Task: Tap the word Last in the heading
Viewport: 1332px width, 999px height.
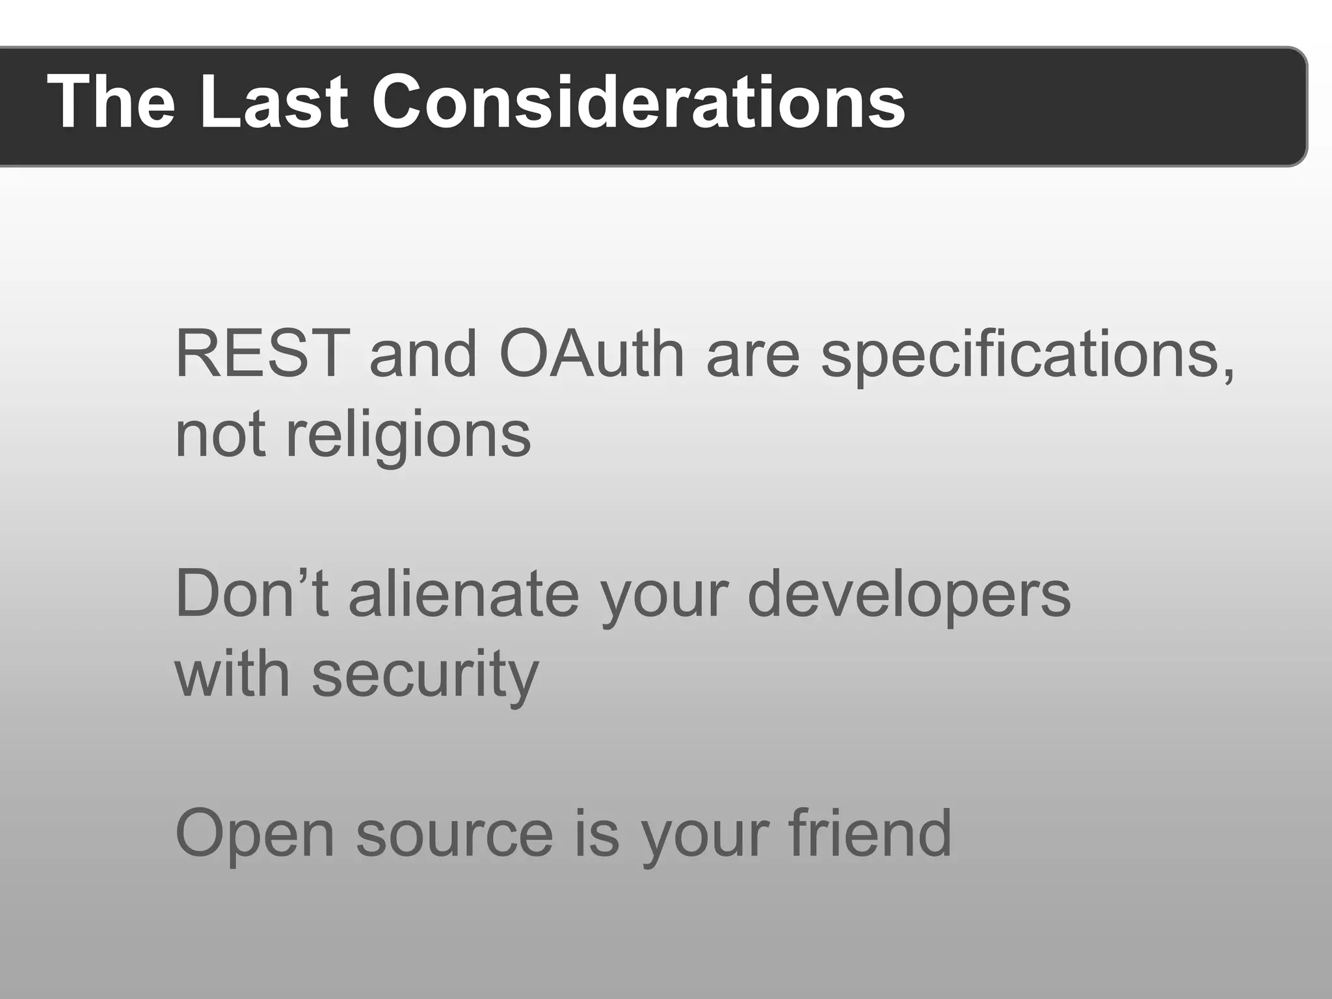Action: pyautogui.click(x=274, y=103)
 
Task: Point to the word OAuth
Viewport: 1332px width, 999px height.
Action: pyautogui.click(x=591, y=354)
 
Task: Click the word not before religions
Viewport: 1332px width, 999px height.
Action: pyautogui.click(x=220, y=436)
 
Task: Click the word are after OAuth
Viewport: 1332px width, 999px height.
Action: pyautogui.click(x=753, y=358)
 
